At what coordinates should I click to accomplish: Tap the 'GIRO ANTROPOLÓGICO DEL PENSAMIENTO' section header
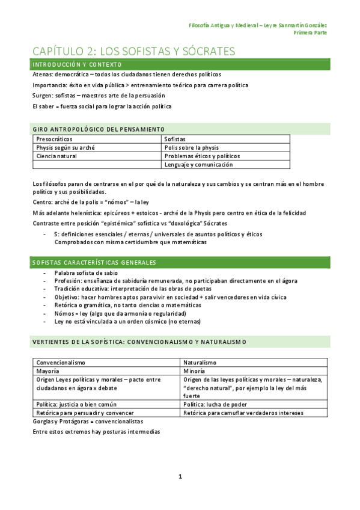point(98,129)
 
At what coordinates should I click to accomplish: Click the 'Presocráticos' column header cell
point(56,139)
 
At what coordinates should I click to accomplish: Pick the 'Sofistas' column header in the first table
point(176,139)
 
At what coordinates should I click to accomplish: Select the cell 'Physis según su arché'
point(66,147)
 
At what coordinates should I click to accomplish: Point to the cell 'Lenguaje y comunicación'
point(199,164)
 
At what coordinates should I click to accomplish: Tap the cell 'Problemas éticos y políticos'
point(203,156)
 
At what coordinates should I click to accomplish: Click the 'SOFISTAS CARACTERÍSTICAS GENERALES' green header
point(94,263)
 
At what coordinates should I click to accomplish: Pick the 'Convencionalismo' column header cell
point(61,363)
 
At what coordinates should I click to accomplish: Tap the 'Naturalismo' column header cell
point(200,363)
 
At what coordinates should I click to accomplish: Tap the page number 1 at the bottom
point(180,476)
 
